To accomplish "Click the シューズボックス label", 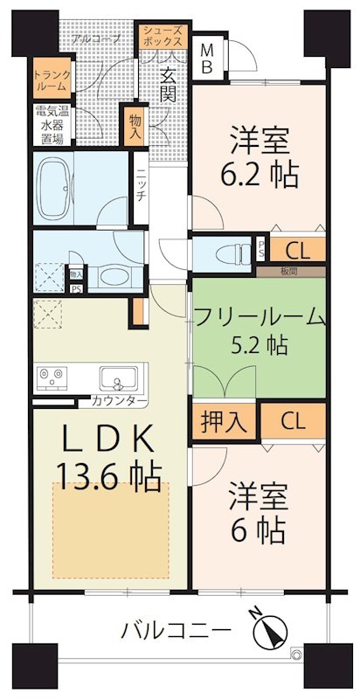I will pos(164,35).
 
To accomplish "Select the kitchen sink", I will pos(118,379).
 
